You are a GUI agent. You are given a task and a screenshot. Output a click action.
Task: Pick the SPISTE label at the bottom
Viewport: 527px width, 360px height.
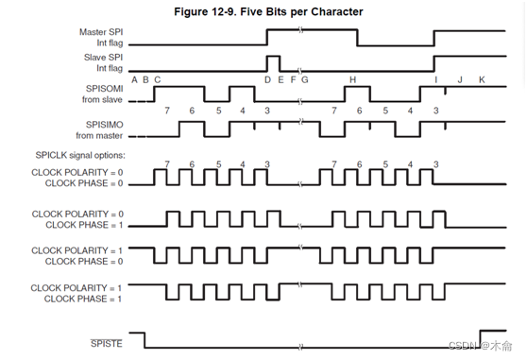(x=106, y=343)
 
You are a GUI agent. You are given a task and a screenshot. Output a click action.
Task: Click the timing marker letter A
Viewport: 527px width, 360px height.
(x=134, y=79)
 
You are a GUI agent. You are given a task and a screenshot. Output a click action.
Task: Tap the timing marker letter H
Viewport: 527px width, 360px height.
(x=352, y=79)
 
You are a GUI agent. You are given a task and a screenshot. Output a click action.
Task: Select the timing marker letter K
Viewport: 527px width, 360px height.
(x=482, y=79)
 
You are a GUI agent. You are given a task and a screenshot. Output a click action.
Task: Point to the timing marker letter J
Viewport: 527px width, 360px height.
(x=460, y=79)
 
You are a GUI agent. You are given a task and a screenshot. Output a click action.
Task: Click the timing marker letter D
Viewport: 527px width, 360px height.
(x=267, y=79)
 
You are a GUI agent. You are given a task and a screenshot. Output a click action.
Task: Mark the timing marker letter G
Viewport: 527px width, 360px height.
(x=304, y=79)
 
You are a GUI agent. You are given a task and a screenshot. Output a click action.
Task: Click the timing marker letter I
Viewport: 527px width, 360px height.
(x=435, y=79)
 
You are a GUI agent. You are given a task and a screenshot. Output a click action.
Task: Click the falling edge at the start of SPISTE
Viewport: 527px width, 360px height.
(x=144, y=338)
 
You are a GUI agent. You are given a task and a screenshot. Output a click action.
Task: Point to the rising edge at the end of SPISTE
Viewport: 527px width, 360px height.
(x=480, y=338)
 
